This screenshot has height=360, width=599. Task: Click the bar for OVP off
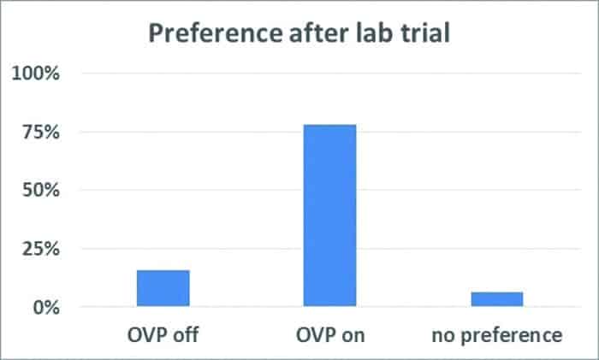click(x=163, y=288)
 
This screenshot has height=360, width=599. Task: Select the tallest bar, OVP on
click(x=329, y=215)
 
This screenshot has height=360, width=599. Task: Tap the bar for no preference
click(x=497, y=299)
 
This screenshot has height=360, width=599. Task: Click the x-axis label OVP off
click(x=163, y=334)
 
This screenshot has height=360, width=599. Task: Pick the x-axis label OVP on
click(x=329, y=334)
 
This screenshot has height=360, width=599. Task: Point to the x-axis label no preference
click(x=497, y=334)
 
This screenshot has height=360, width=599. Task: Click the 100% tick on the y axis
click(x=35, y=74)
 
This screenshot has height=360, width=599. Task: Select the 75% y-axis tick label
click(x=39, y=133)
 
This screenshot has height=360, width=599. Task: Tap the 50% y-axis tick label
click(x=39, y=191)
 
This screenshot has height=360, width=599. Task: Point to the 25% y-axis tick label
click(x=39, y=249)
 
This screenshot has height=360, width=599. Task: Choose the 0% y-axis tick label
click(x=44, y=307)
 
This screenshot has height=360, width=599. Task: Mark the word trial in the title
click(x=430, y=34)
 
